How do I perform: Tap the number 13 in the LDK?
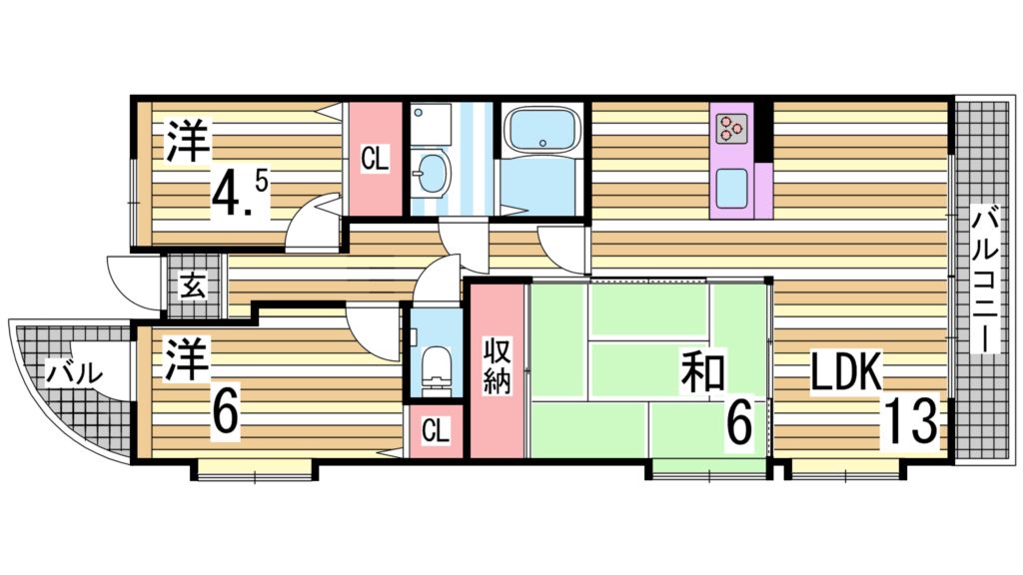910,422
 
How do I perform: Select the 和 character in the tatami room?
703,371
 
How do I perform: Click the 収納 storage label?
497,366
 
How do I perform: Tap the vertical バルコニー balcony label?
984,279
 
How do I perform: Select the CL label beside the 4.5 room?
375,159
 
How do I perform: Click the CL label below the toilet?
435,430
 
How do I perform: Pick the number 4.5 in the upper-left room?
240,196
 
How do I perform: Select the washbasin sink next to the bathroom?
432,173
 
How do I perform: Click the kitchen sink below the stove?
731,187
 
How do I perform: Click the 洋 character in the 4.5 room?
189,141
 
